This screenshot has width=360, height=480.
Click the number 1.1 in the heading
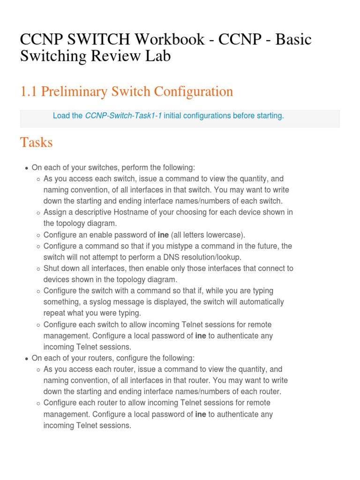tap(28, 91)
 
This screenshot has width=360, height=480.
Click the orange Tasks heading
tap(36, 142)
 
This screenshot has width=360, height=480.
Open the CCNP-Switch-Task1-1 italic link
tap(123, 116)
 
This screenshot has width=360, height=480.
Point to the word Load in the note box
tap(61, 116)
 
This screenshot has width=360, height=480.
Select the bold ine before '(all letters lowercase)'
tap(163, 235)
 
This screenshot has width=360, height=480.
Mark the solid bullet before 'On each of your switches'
tap(26, 168)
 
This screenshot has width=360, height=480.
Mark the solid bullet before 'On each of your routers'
tap(26, 359)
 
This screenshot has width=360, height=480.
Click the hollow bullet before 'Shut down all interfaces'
tap(38, 269)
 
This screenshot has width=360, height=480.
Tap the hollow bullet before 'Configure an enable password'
tap(38, 235)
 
